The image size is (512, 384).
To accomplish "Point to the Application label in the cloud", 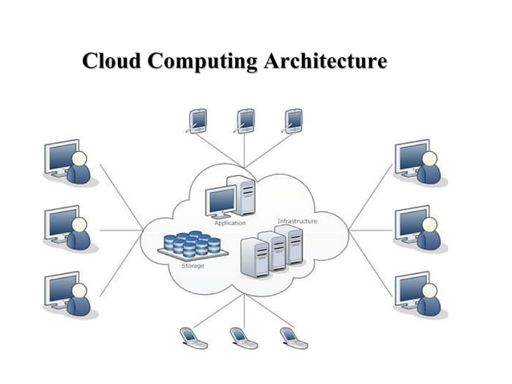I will coord(230,223).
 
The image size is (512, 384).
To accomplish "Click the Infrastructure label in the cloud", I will coord(297,220).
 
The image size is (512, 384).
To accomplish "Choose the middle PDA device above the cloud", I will coord(246,120).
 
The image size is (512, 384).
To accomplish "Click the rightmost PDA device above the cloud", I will coord(294,120).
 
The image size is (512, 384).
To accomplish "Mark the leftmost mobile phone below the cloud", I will coord(192,337).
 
